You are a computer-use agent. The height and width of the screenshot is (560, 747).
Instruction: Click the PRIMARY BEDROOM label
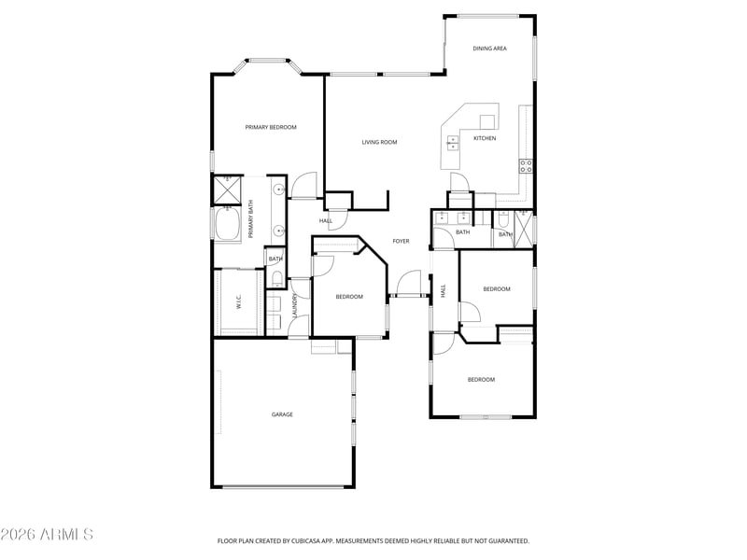(x=271, y=127)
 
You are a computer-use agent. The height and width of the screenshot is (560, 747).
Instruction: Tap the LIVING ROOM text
(x=379, y=142)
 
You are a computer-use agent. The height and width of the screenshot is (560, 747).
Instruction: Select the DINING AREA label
(x=489, y=49)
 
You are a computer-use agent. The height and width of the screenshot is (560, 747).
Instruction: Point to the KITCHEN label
(x=485, y=138)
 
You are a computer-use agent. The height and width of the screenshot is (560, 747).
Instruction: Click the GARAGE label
(x=282, y=414)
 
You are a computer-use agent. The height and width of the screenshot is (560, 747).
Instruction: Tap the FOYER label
(x=401, y=241)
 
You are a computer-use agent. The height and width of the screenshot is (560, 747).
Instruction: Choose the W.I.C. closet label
(x=239, y=301)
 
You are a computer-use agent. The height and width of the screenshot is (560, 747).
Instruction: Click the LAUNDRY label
(x=295, y=305)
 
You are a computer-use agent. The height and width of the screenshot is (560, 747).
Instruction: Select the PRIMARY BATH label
(x=250, y=219)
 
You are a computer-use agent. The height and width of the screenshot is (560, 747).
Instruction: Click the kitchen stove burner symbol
(x=526, y=166)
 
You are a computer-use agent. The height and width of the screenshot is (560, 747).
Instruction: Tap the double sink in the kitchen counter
(x=452, y=143)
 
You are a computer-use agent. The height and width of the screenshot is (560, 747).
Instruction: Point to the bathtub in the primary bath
(x=228, y=224)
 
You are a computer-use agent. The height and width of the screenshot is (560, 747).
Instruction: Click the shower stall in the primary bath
(x=227, y=190)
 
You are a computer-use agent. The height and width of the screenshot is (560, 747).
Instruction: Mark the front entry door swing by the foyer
(x=409, y=283)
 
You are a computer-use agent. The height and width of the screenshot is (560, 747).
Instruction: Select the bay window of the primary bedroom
(x=268, y=64)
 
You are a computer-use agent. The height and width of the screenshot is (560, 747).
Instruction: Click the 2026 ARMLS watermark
(x=47, y=534)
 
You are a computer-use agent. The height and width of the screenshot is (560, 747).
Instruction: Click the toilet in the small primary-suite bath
(x=276, y=279)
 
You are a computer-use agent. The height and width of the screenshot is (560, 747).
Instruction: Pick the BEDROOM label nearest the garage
(x=349, y=297)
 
